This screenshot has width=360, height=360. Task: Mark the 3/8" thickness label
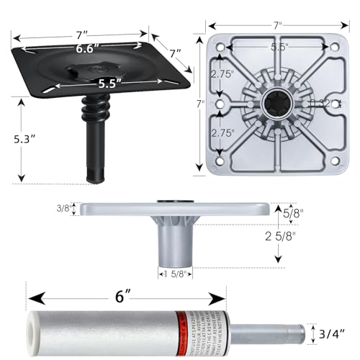[63, 209]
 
